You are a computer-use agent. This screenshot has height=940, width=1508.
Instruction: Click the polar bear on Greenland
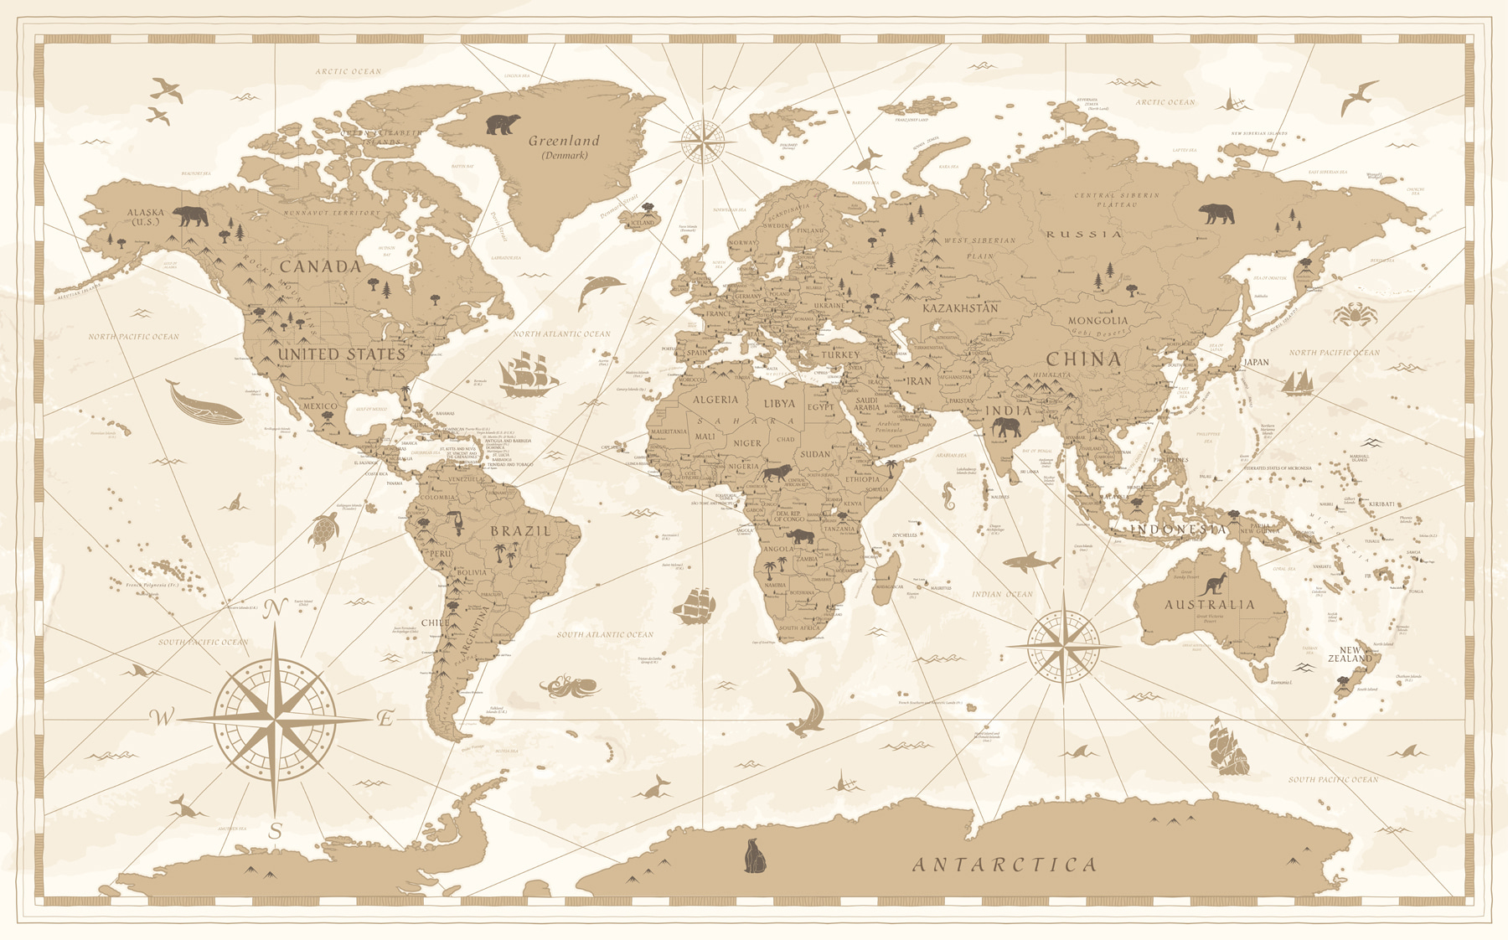click(503, 125)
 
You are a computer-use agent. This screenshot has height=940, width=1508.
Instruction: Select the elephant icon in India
click(1006, 428)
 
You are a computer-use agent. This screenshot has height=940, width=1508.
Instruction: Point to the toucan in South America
click(456, 523)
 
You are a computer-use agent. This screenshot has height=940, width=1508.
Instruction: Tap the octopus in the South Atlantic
click(569, 686)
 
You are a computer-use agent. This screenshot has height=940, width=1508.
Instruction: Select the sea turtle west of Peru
click(323, 530)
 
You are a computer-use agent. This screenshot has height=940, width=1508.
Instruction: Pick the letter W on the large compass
click(162, 717)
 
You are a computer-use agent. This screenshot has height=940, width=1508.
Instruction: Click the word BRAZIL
click(520, 531)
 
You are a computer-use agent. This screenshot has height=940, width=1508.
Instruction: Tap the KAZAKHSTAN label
click(960, 308)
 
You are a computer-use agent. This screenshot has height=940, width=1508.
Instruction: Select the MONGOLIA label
click(1097, 321)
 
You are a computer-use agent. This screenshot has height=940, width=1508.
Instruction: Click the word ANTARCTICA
click(1004, 865)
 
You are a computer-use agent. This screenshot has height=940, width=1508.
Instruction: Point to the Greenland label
click(564, 142)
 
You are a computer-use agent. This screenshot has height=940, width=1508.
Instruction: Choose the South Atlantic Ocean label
click(605, 635)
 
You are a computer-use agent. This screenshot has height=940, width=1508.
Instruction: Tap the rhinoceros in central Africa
click(800, 536)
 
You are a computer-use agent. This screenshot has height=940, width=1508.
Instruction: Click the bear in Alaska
click(191, 216)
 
